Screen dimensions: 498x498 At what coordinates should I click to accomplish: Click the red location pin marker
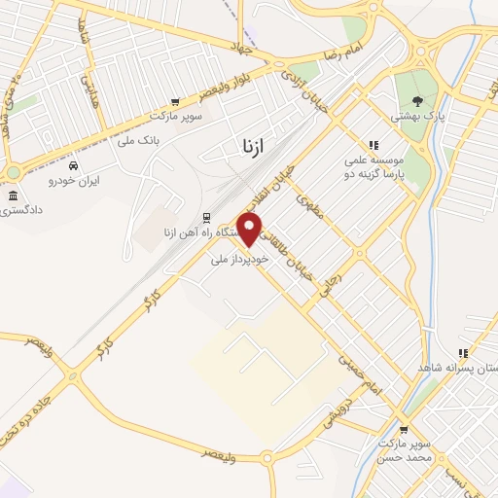click(x=250, y=229)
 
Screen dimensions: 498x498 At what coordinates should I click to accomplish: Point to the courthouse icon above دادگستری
click(x=13, y=196)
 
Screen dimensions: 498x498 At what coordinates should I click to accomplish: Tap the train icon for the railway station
click(x=206, y=217)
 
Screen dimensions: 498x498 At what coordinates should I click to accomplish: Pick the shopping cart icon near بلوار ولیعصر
click(x=175, y=100)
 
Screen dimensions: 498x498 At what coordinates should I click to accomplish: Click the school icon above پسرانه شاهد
click(x=463, y=353)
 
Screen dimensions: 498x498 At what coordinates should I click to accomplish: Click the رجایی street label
click(x=347, y=260)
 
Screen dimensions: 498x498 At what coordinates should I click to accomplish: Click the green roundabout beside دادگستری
click(x=13, y=174)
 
